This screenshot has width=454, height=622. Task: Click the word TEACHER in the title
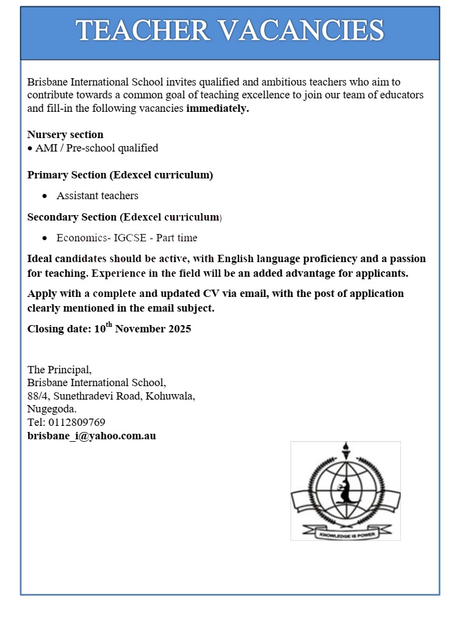click(x=143, y=31)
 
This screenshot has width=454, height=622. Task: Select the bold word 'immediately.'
click(x=218, y=109)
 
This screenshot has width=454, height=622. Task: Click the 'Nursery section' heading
click(x=65, y=134)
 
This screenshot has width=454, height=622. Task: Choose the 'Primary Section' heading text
click(x=67, y=175)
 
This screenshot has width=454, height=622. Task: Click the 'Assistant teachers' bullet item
click(x=97, y=196)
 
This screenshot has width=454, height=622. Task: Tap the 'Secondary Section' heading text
click(x=72, y=217)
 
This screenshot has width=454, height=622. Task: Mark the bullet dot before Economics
click(x=45, y=238)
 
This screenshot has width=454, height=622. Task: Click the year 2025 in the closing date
click(x=177, y=329)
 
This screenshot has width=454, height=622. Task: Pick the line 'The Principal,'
click(x=59, y=370)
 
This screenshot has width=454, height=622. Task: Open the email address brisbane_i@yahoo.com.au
click(x=92, y=436)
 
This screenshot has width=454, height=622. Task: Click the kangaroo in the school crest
click(x=345, y=489)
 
